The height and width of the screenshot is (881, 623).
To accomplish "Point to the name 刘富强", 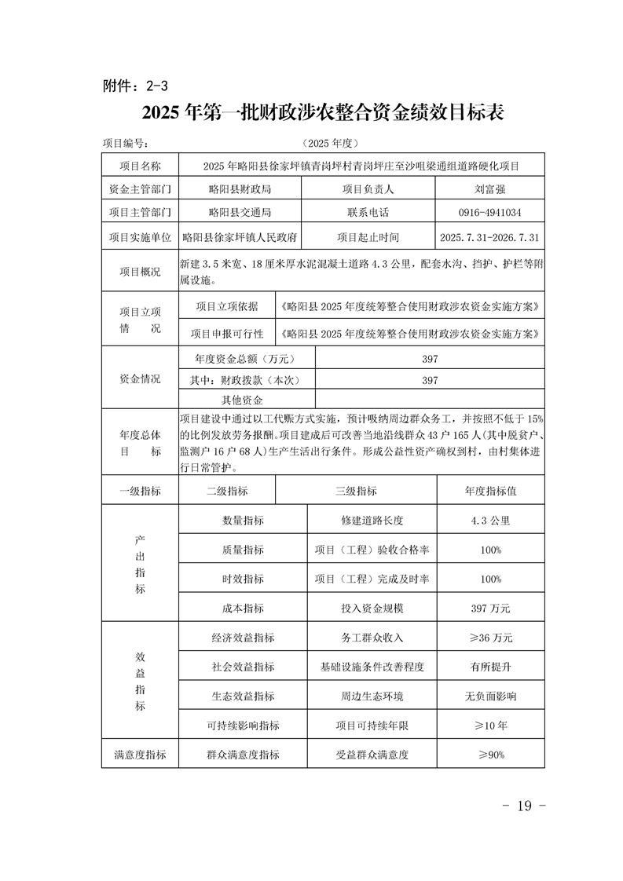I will point(489,189).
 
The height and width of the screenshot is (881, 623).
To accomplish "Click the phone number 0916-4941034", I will point(489,213).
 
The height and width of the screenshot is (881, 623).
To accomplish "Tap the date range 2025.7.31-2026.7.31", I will point(489,236).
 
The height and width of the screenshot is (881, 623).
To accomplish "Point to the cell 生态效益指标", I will point(243,696).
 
